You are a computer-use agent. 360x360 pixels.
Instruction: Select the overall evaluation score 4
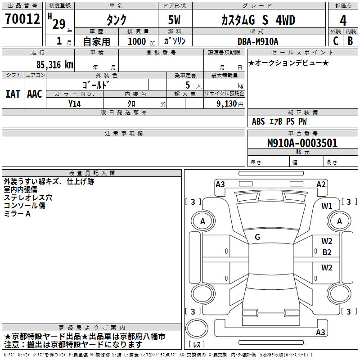[343, 20]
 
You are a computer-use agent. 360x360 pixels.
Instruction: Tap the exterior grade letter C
[335, 40]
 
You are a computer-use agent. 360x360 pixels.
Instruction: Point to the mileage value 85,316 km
[54, 64]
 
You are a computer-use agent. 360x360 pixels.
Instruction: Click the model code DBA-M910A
[258, 41]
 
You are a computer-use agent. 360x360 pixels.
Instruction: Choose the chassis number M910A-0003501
[302, 144]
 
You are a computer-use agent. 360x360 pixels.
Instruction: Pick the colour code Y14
[75, 103]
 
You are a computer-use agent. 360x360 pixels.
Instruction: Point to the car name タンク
[116, 20]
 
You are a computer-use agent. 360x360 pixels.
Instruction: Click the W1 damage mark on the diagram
[327, 206]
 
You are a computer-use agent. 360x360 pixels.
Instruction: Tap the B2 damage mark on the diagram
[327, 252]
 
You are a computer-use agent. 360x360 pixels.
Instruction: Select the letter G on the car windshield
[257, 237]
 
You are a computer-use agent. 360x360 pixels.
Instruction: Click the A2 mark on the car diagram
[321, 184]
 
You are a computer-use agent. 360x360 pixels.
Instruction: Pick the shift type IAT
[13, 94]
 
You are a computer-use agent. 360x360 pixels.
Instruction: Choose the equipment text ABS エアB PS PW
[279, 121]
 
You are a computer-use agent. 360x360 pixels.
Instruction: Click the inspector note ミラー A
[18, 214]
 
